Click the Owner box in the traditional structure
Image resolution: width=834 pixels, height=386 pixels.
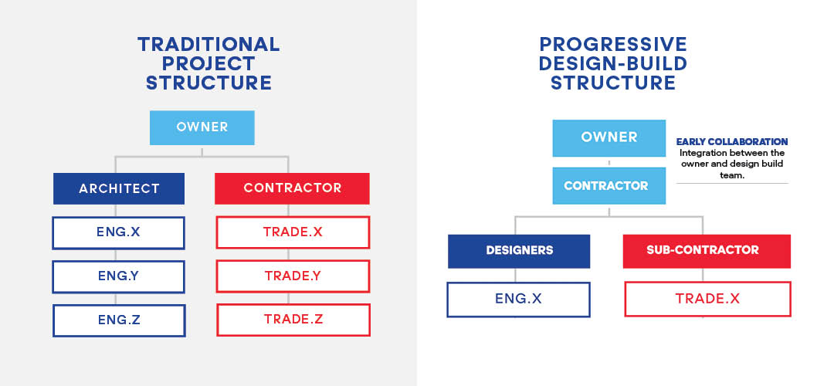202,127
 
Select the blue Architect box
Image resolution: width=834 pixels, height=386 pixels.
119,188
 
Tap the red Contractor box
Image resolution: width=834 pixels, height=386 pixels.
292,188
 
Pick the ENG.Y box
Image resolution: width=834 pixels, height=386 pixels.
119,276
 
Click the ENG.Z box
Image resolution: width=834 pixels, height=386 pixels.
119,320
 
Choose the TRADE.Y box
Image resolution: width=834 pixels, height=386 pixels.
293,276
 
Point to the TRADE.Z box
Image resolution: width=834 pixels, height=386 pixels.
293,320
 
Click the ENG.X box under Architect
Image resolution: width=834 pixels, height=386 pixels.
119,232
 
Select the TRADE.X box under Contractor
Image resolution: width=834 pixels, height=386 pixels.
293,232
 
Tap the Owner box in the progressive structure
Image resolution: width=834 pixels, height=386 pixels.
609,138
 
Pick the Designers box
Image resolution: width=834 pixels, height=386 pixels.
519,251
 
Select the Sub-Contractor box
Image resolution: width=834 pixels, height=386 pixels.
707,251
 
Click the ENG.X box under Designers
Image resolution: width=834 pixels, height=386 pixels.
518,299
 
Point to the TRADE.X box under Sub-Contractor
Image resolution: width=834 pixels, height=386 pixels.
707,299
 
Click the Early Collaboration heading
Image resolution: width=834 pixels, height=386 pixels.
731,142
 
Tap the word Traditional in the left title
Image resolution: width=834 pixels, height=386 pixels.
208,44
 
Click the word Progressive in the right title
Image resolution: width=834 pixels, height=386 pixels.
613,44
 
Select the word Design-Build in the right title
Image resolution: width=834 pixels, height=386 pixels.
613,63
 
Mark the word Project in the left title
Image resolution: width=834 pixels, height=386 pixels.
208,63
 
